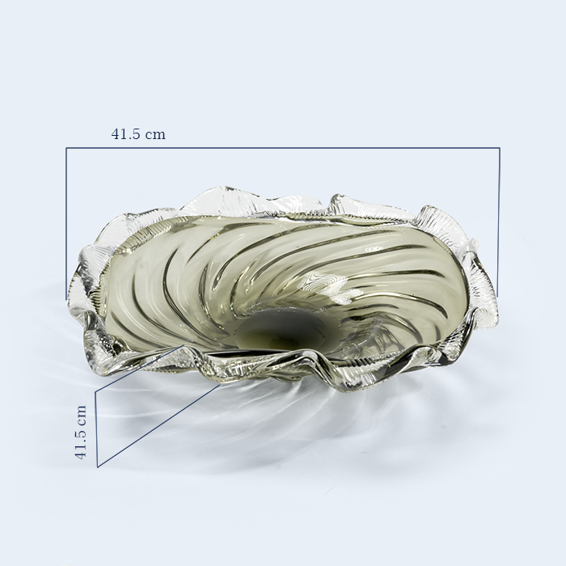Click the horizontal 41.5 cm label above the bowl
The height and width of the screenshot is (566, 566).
[x=138, y=134]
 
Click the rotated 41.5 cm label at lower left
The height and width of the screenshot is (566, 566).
[x=81, y=432]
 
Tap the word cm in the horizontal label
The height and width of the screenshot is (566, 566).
[x=155, y=135]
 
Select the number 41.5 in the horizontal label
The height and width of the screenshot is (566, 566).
[x=125, y=134]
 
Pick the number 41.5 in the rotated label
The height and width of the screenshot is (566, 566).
[x=81, y=445]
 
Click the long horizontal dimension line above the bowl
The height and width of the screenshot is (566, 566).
[x=283, y=148]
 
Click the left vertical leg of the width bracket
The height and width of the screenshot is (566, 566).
[x=66, y=223]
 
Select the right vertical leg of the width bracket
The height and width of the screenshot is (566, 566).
[x=499, y=222]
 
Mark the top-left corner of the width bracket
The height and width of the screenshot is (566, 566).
[x=66, y=148]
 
